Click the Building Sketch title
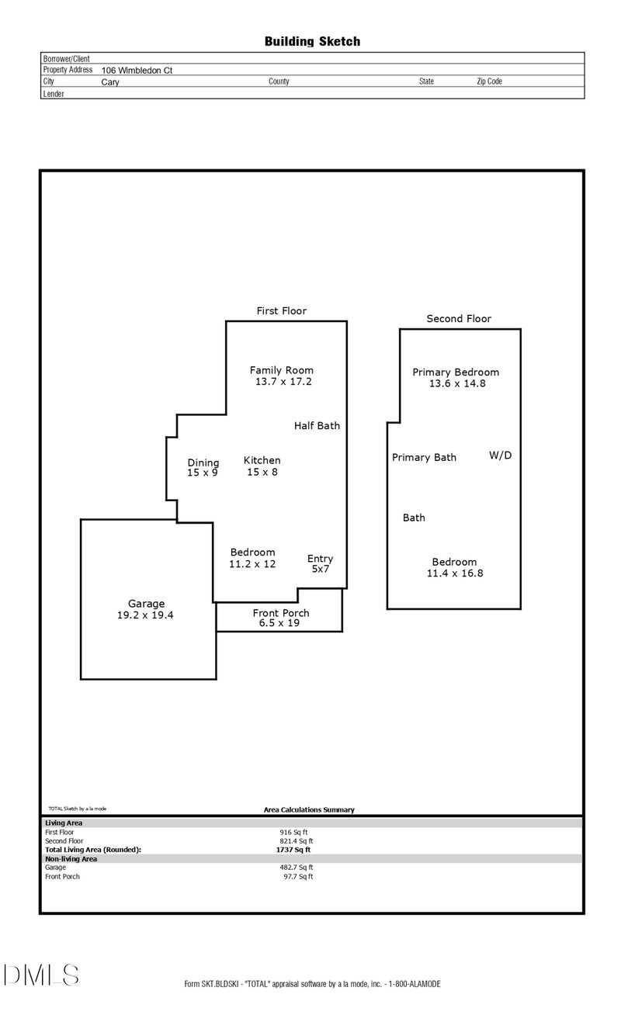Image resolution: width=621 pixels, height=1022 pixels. [x=312, y=42]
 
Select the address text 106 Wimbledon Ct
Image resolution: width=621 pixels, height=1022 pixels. [x=137, y=71]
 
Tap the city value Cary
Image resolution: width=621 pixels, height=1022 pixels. [x=110, y=82]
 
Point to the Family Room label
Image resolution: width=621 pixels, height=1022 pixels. [x=282, y=370]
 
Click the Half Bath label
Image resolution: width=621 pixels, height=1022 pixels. [x=317, y=426]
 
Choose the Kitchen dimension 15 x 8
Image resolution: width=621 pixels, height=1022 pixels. [x=262, y=473]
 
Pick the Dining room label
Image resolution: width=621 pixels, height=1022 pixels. [x=203, y=462]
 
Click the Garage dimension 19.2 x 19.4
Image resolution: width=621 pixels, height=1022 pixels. [x=145, y=615]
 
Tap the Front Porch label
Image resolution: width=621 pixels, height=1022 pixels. [x=281, y=613]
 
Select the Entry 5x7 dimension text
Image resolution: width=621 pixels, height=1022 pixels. [x=321, y=569]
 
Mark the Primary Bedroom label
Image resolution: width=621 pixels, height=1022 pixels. [x=456, y=372]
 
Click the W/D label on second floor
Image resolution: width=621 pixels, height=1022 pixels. [x=501, y=456]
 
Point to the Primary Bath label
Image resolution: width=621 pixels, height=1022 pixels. [x=425, y=458]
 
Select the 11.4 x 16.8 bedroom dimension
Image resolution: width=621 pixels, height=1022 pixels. [x=455, y=573]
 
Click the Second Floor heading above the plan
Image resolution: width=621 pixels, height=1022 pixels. [x=459, y=319]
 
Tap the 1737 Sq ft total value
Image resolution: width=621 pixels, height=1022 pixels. [x=293, y=850]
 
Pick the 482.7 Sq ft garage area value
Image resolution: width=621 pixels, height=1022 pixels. [x=297, y=868]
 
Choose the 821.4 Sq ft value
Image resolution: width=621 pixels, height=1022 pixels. [x=297, y=841]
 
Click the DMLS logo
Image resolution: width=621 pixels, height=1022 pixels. [x=41, y=975]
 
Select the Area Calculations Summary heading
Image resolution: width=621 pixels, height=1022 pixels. [x=309, y=810]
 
